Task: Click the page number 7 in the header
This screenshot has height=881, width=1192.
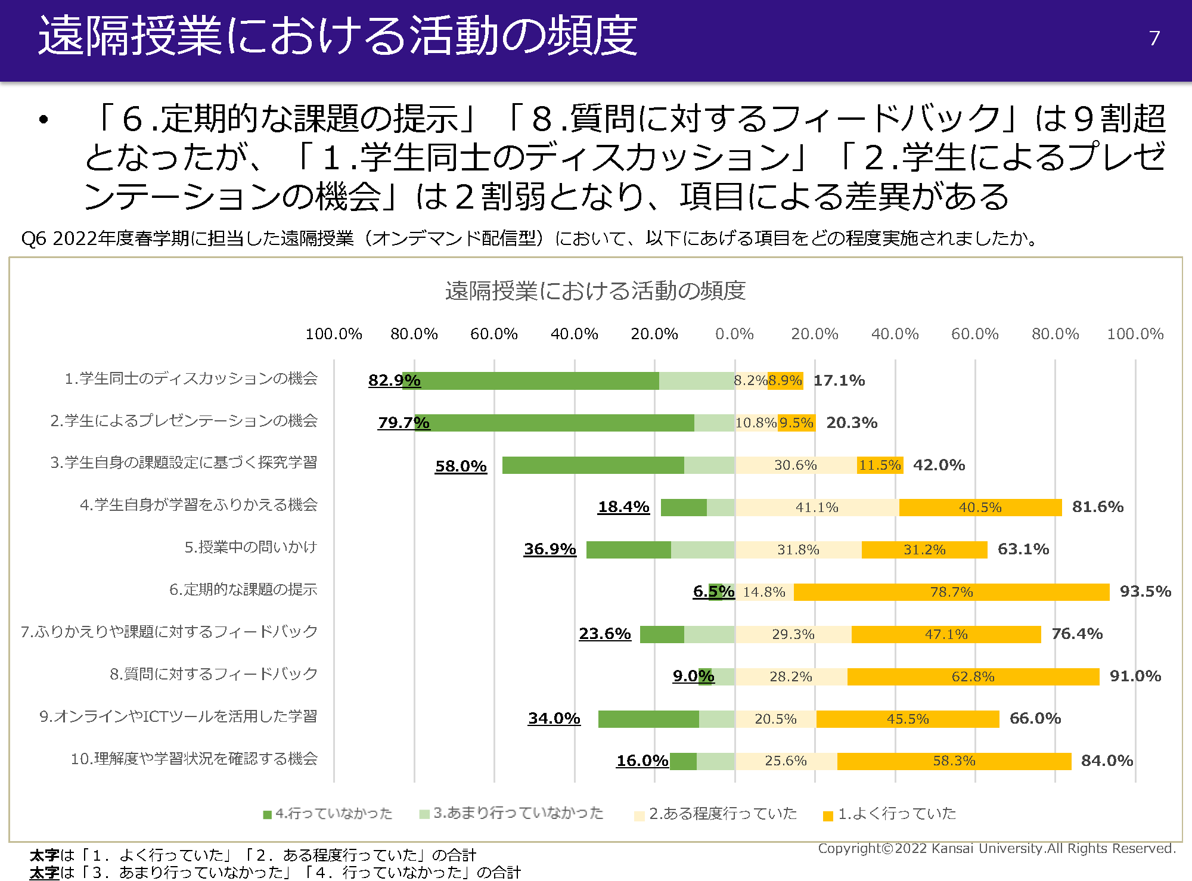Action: pos(1154,38)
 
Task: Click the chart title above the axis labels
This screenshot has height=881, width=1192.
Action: pos(595,291)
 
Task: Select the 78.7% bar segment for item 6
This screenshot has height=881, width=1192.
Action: pos(951,592)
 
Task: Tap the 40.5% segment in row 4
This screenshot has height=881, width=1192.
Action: pos(980,507)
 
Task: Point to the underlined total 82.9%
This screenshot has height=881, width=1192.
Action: pos(394,380)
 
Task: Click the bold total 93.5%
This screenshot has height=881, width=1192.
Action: pos(1145,591)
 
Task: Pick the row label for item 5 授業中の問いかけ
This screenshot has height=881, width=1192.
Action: pos(250,547)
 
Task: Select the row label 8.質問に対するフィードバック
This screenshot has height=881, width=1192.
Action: pos(213,674)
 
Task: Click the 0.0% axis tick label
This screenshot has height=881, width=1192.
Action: pos(734,334)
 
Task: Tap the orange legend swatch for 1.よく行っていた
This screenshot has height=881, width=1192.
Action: pos(827,815)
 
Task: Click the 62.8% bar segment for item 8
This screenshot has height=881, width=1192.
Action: pos(973,677)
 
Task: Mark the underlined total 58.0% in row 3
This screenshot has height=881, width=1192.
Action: pos(461,466)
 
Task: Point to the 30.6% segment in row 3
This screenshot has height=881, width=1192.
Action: pos(795,465)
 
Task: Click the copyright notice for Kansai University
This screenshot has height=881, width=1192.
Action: pos(997,848)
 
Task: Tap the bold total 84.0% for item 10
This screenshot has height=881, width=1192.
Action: pos(1107,761)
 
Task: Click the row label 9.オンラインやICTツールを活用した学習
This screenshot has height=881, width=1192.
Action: pos(178,716)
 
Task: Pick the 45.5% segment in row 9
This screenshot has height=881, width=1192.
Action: pos(907,719)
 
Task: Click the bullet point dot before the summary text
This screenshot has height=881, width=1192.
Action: pos(44,119)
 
